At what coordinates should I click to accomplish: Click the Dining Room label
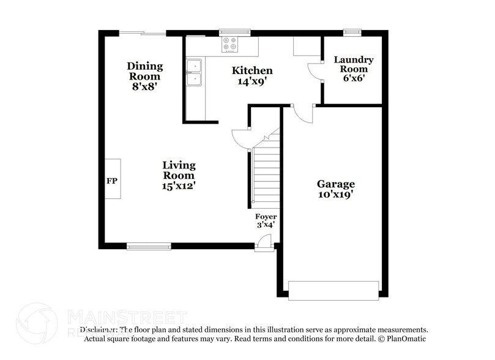pyautogui.click(x=144, y=71)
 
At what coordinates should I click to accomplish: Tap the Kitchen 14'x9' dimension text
pyautogui.click(x=252, y=81)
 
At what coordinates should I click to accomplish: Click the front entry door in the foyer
pyautogui.click(x=264, y=244)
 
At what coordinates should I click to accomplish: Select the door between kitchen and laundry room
pyautogui.click(x=316, y=71)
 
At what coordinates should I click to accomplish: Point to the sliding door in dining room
pyautogui.click(x=142, y=33)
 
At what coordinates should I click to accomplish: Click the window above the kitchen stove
pyautogui.click(x=235, y=32)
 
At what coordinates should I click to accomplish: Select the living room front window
pyautogui.click(x=149, y=247)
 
